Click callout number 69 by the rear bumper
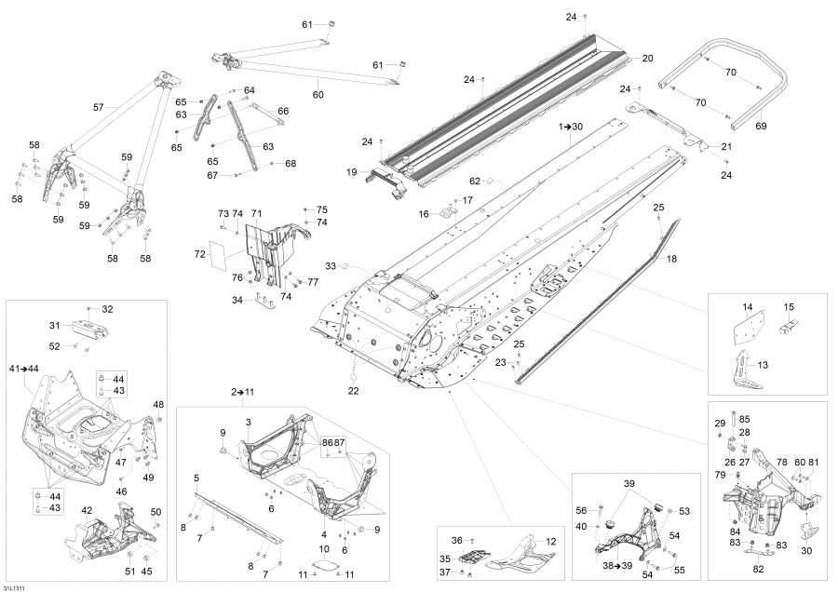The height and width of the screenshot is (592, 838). pyautogui.click(x=760, y=125)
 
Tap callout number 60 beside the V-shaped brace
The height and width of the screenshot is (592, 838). pyautogui.click(x=318, y=95)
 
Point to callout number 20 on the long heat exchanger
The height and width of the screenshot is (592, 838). pyautogui.click(x=648, y=59)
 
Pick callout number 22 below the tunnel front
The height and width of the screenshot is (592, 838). pyautogui.click(x=354, y=390)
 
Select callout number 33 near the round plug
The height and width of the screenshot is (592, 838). pyautogui.click(x=330, y=266)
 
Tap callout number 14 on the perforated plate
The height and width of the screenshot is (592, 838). pyautogui.click(x=747, y=306)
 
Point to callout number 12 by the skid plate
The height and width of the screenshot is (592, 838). pyautogui.click(x=550, y=542)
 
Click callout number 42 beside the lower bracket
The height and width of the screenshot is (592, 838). pyautogui.click(x=87, y=510)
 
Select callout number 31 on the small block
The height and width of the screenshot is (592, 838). pyautogui.click(x=54, y=325)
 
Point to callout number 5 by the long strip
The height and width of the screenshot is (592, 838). pyautogui.click(x=196, y=478)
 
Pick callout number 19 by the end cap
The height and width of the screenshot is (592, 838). pyautogui.click(x=352, y=172)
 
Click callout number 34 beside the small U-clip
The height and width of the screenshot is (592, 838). pyautogui.click(x=237, y=300)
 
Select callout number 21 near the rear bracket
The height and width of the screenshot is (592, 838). pyautogui.click(x=726, y=147)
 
